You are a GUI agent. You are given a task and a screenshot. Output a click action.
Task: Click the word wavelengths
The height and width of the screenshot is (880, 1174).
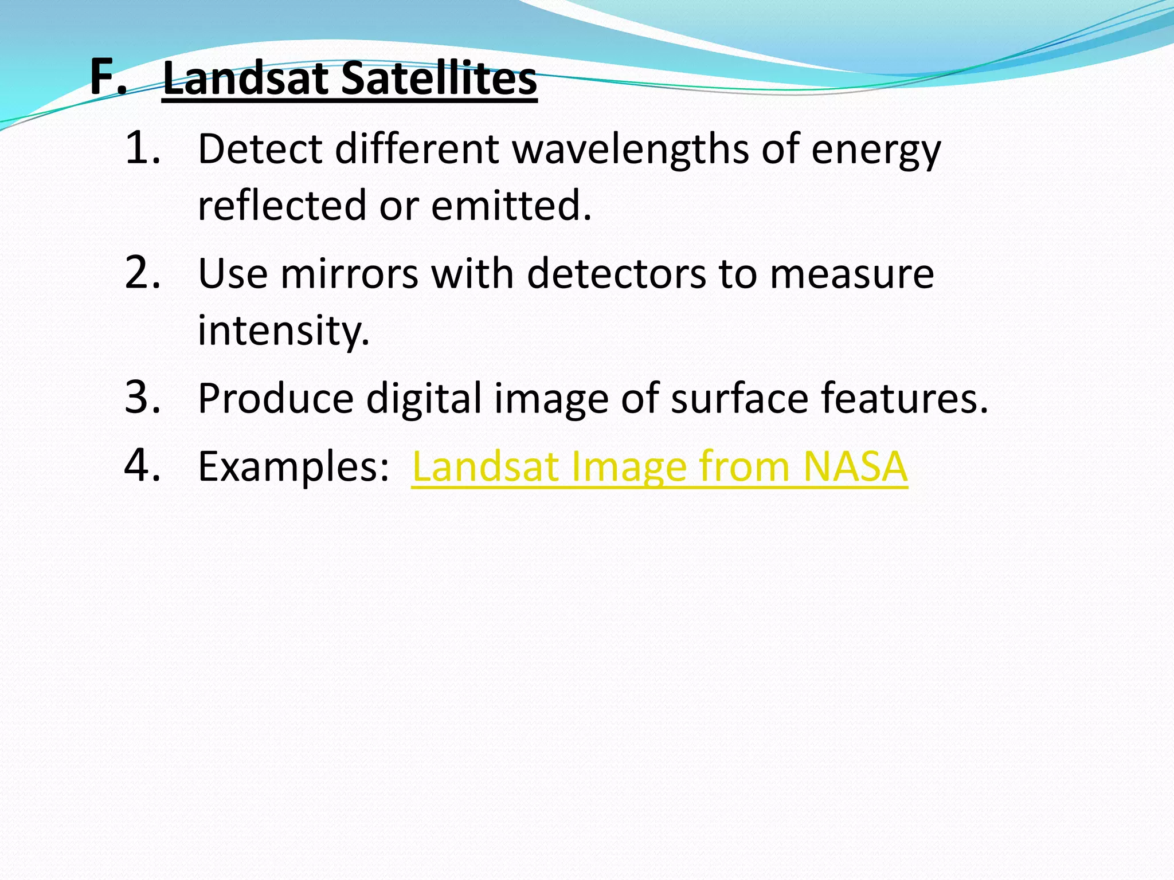[x=630, y=150]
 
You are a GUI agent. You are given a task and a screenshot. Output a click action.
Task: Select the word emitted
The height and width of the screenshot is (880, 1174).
[x=511, y=206]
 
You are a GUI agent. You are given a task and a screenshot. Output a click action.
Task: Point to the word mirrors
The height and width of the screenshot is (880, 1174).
[x=350, y=274]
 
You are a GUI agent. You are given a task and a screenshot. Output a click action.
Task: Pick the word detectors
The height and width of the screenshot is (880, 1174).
[x=616, y=274]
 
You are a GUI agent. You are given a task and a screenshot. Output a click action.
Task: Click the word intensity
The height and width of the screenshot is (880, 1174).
[x=283, y=331]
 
